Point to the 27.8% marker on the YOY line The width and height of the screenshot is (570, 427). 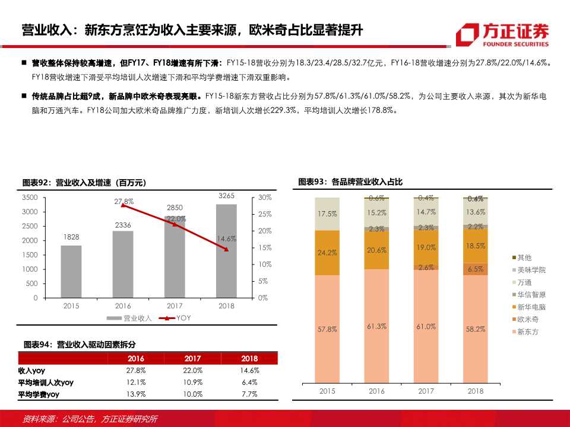point(123,205)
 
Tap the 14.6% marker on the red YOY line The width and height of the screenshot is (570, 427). point(226,249)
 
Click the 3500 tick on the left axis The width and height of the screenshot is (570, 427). point(30,197)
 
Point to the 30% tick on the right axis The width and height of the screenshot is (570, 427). point(265,197)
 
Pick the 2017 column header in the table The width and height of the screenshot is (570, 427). point(192,359)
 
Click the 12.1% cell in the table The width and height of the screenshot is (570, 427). point(136,382)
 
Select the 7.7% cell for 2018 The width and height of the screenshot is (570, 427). point(249,394)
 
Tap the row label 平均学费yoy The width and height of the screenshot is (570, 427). point(39,394)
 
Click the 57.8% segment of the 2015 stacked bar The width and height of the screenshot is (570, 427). point(327,329)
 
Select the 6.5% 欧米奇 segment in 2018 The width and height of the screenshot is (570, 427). point(476,269)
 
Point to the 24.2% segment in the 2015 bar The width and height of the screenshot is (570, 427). point(327,253)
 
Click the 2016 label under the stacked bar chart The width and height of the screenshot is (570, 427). point(376,391)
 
